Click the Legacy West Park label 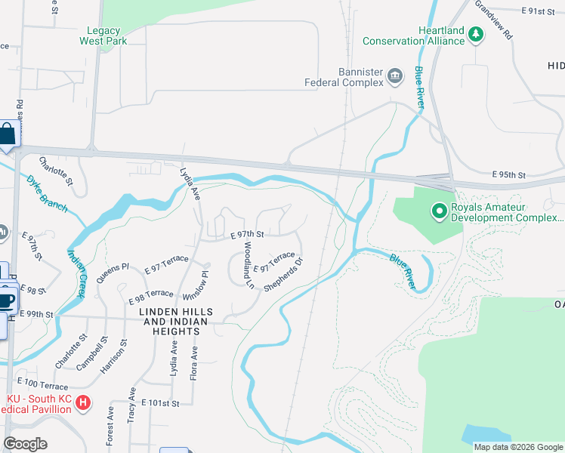pos(107,35)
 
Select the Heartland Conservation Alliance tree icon pos(475,34)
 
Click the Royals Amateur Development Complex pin pos(438,210)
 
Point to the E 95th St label pos(508,174)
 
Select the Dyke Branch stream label pos(47,196)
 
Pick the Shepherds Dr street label pos(283,275)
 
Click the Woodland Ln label pos(246,264)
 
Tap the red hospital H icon pos(84,404)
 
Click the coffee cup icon pos(7,298)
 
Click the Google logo pos(25,444)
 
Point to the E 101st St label pos(159,404)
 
